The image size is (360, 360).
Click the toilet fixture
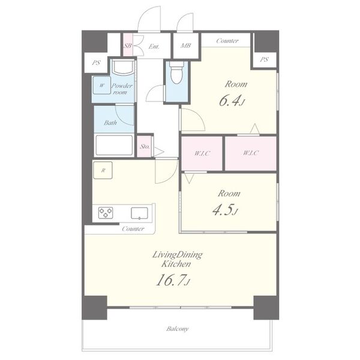[176, 73]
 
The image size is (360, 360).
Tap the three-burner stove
[106, 212]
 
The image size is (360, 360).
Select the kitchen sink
[139, 213]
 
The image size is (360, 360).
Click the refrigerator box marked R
[103, 170]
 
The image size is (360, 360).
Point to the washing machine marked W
[102, 85]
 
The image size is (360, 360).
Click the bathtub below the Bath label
[114, 145]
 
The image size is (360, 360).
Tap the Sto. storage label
[145, 146]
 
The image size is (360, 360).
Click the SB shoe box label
[128, 46]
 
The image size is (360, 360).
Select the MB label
[185, 46]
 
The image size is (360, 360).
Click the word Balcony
[178, 329]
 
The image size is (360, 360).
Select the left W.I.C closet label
[202, 153]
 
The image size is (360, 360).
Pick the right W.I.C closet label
[251, 152]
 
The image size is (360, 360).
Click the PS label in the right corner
[264, 59]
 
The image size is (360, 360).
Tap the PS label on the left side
[96, 62]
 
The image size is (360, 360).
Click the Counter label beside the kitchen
[133, 229]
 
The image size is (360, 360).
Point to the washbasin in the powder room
[123, 67]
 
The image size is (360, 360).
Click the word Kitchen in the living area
[176, 264]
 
